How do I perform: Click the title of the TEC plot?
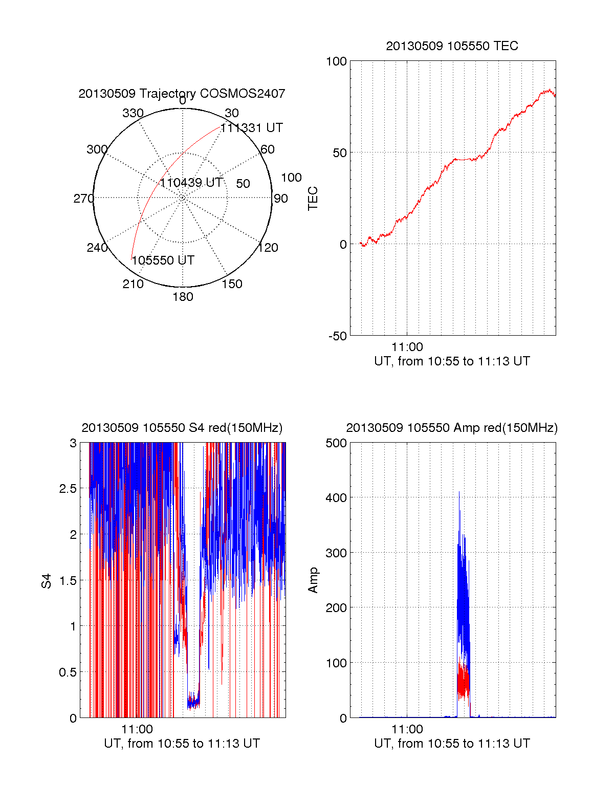coord(452,46)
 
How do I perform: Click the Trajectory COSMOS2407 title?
coord(182,94)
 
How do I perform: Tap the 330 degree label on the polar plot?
coord(133,113)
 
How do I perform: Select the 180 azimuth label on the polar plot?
coord(183,297)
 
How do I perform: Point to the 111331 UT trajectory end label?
coord(252,128)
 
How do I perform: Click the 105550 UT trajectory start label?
coord(163,260)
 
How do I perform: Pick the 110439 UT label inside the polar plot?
coord(191,183)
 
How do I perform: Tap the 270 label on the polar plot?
coord(83,199)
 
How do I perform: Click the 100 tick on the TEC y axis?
coord(336,61)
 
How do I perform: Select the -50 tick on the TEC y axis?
coord(337,336)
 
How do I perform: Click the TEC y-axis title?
coord(313,199)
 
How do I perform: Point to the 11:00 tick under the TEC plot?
coord(407,347)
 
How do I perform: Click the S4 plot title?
coord(182,428)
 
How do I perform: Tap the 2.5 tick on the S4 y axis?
coord(68,489)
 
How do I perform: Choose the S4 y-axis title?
coord(47,581)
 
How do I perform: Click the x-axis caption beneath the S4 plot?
coord(182,743)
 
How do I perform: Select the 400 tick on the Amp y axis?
coord(336,497)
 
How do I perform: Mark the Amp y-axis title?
coord(313,580)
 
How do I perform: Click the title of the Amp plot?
coord(452,428)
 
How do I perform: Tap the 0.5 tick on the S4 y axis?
coord(68,672)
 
